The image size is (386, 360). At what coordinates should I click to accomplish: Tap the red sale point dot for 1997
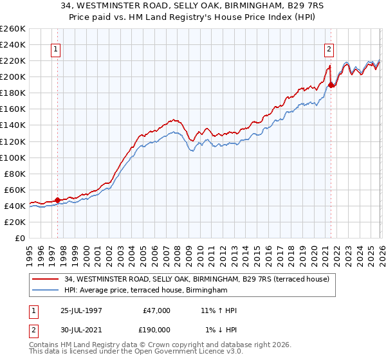[x=58, y=200]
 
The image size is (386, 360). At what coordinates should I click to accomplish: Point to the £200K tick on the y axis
[x=12, y=76]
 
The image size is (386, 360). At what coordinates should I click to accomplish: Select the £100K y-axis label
[x=12, y=157]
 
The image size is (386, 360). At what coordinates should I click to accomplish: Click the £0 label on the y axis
[x=18, y=238]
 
